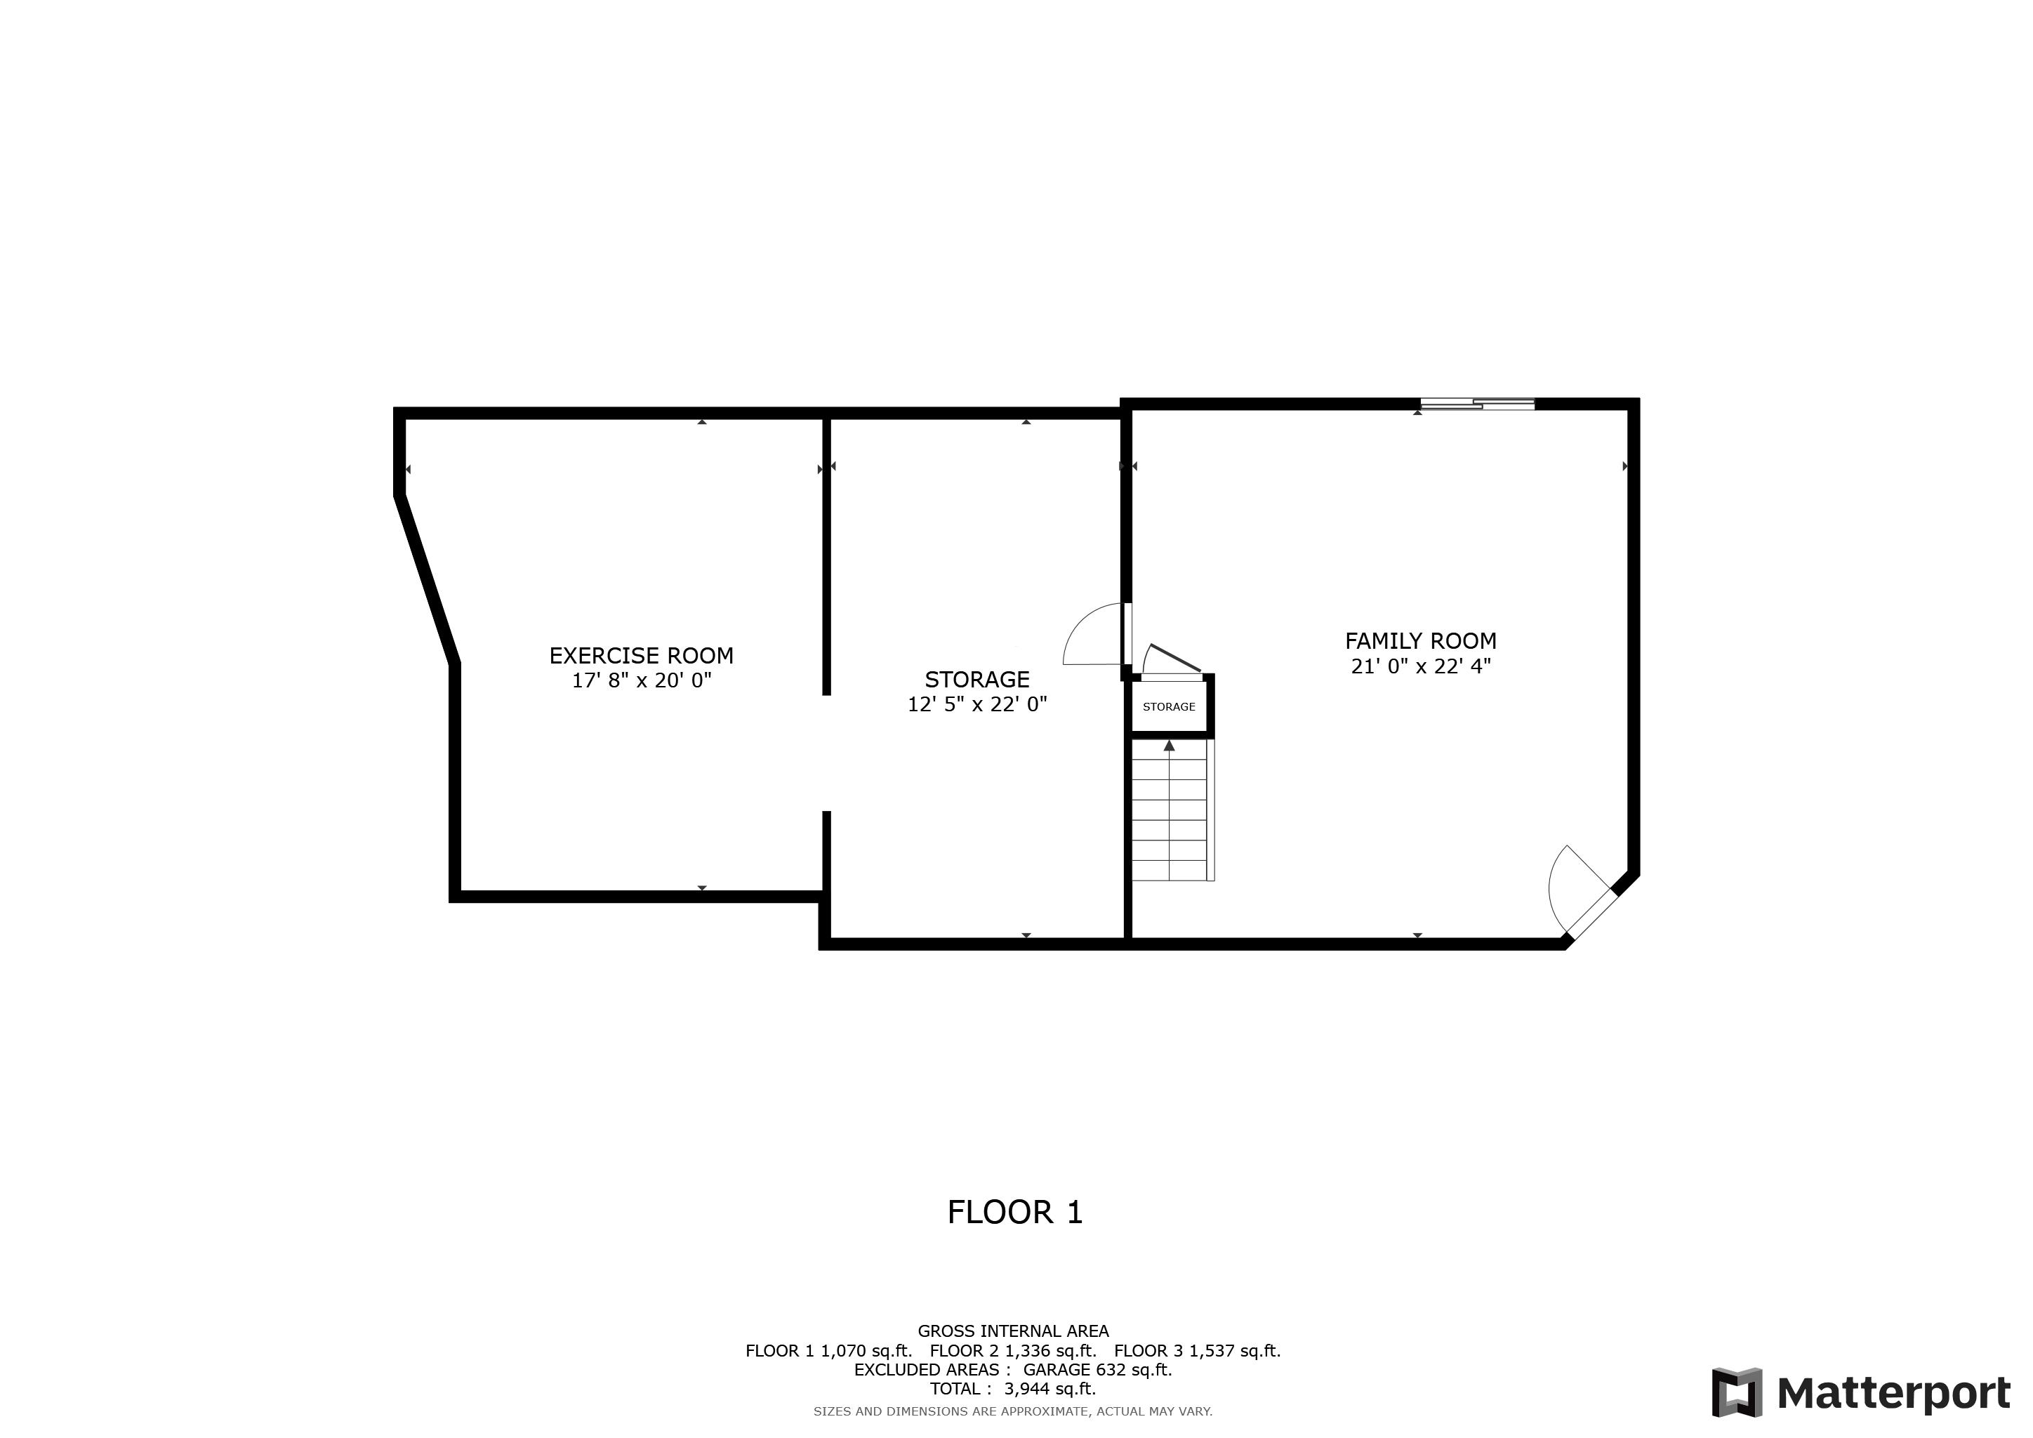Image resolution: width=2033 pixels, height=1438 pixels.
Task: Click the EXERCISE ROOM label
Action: [x=641, y=656]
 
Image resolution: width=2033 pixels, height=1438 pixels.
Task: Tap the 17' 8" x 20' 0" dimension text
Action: [x=641, y=681]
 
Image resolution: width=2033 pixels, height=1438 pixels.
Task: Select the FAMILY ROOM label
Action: [x=1420, y=641]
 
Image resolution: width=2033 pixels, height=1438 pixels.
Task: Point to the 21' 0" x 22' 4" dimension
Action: [x=1420, y=666]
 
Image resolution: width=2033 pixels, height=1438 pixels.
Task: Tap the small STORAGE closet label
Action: [x=1169, y=706]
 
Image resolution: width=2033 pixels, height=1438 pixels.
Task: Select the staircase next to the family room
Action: [x=1170, y=815]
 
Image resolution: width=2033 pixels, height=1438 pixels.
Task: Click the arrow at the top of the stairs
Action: [x=1170, y=746]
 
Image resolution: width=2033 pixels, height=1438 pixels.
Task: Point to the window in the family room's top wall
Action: [x=1477, y=404]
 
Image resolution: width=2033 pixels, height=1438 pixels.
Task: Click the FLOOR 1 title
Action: [x=1014, y=1212]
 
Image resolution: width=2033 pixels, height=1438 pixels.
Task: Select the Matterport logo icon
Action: [x=1736, y=1393]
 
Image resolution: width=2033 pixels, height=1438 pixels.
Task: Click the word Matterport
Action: [x=1893, y=1394]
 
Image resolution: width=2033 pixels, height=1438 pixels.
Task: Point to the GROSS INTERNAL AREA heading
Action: [x=1013, y=1331]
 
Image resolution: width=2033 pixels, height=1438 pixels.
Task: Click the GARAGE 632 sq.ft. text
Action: [x=1097, y=1370]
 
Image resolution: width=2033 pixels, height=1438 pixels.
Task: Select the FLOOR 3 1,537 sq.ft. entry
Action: [x=1197, y=1350]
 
